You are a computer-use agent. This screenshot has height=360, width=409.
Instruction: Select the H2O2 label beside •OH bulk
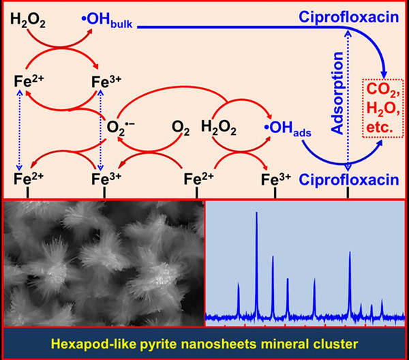tap(28, 22)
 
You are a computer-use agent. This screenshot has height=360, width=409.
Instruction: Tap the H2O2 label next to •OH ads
tap(219, 127)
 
